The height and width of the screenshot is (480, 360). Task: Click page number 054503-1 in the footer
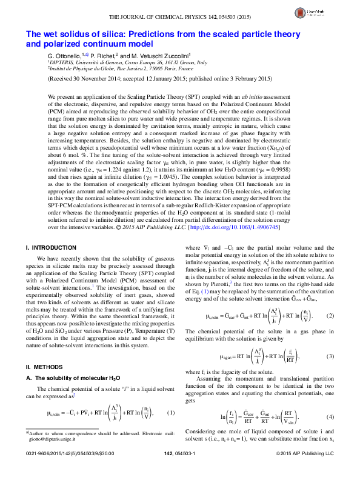coord(179,470)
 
